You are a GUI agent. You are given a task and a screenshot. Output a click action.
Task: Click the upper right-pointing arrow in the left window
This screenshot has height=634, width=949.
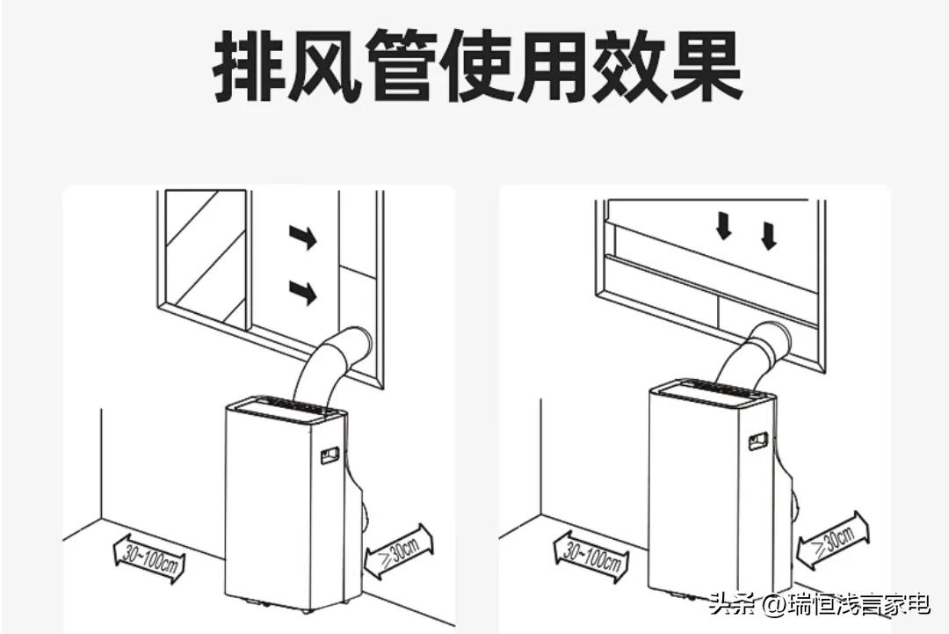(x=302, y=237)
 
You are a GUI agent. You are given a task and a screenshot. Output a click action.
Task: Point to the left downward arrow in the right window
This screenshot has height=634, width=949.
(x=723, y=228)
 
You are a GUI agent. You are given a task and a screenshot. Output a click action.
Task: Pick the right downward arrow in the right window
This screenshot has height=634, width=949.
(x=768, y=234)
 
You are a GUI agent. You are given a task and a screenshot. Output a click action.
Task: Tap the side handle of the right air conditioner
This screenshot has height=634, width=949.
(x=757, y=441)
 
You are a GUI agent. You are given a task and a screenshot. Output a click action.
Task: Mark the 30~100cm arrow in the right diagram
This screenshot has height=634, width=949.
(x=590, y=554)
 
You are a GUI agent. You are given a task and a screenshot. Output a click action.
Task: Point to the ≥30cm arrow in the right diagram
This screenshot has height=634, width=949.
(x=832, y=537)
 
